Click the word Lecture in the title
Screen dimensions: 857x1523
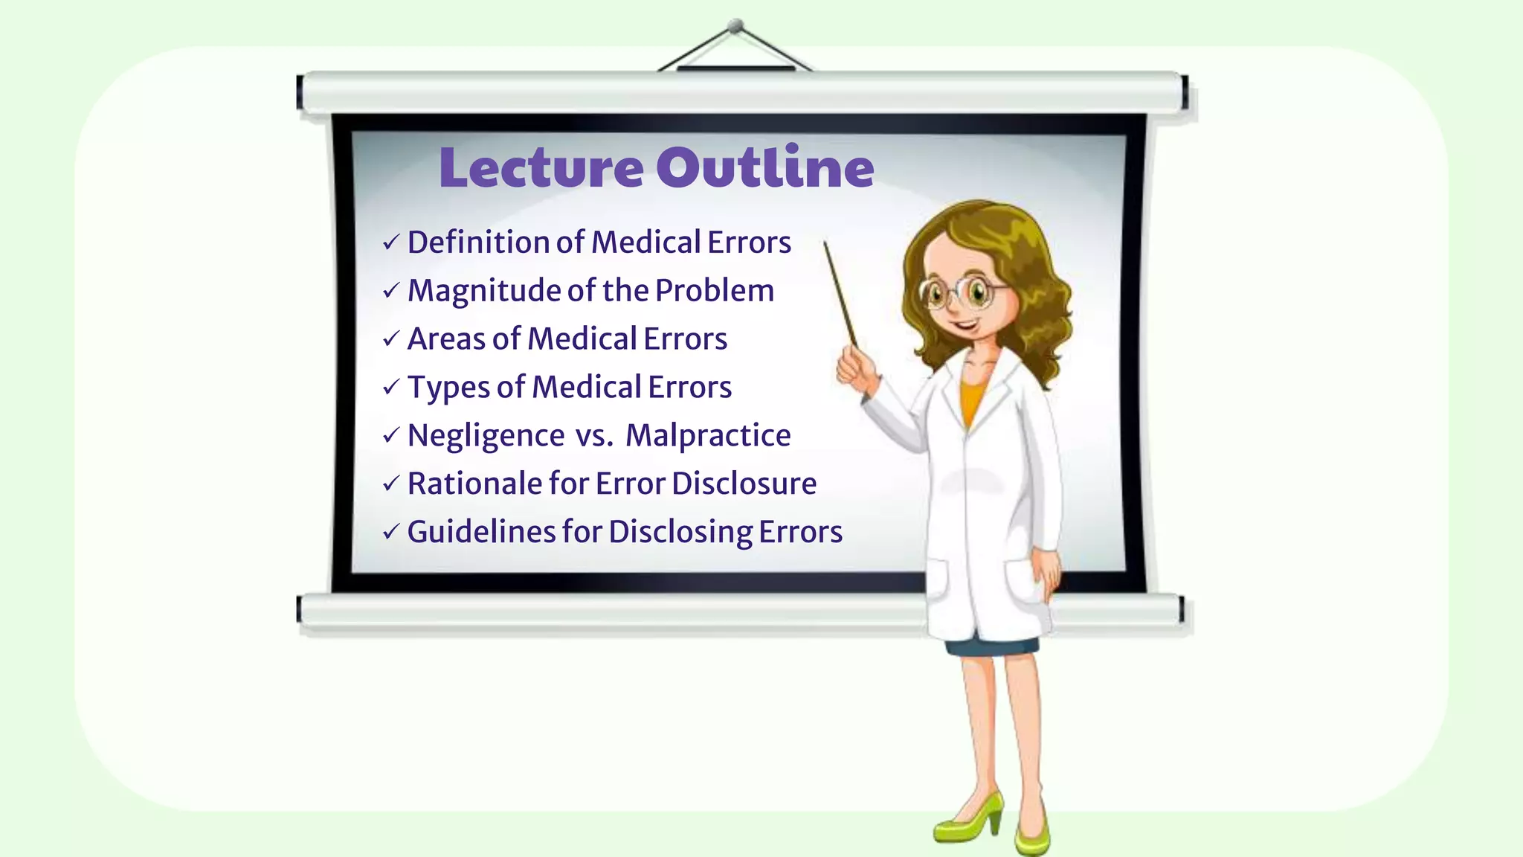541,167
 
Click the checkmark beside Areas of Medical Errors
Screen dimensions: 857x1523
391,339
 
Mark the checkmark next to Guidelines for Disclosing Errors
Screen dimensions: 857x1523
391,532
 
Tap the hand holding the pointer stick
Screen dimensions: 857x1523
855,370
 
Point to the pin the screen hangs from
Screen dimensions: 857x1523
735,26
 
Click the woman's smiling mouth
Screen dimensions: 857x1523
965,325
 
